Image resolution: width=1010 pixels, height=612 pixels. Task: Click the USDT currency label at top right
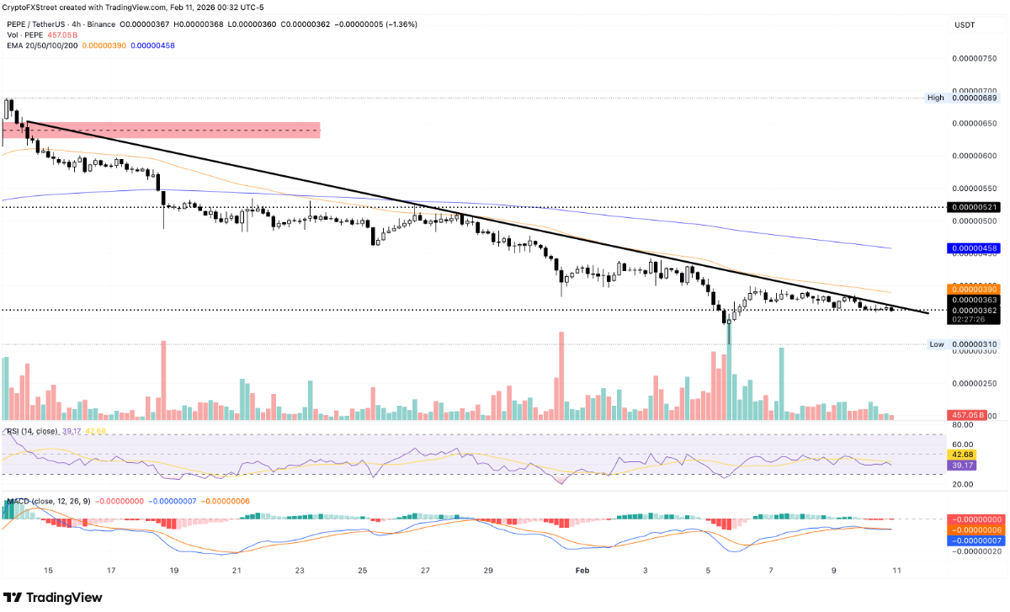[964, 26]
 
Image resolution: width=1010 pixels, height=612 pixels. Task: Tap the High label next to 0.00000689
[936, 98]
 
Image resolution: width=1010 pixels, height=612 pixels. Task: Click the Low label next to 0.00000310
[937, 344]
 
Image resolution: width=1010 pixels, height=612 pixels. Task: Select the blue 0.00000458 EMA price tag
[974, 248]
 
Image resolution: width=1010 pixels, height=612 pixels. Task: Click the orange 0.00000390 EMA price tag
[974, 289]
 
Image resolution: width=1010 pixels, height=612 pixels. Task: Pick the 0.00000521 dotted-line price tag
[974, 207]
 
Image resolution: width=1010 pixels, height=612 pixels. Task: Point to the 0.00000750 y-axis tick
[974, 58]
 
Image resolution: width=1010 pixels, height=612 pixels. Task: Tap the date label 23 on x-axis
[300, 570]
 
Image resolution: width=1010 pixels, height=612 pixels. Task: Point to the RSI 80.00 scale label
[962, 425]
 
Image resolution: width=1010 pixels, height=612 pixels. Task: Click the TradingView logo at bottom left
[52, 597]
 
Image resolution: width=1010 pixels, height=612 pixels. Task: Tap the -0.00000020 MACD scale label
[976, 552]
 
